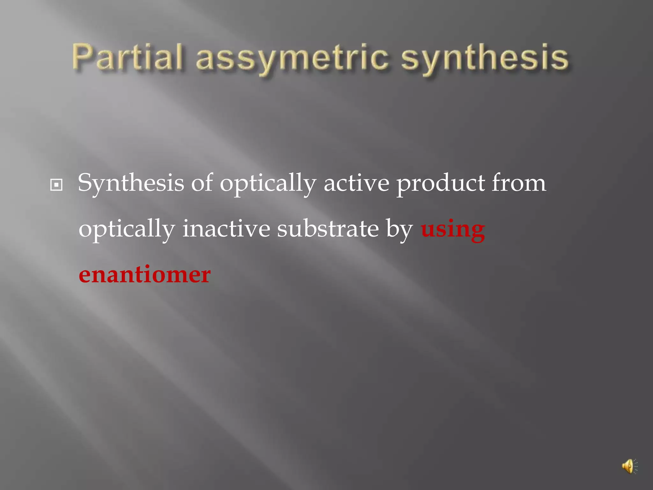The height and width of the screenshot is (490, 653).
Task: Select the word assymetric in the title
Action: pos(292,59)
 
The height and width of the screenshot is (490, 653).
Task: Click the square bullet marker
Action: pos(56,185)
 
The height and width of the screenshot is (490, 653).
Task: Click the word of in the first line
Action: pos(202,183)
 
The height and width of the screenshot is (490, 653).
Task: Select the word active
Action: pos(356,183)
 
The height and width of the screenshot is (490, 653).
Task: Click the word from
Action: pos(519,183)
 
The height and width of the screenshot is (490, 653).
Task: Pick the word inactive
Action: pos(226,229)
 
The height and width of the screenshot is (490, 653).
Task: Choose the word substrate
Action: pos(327,229)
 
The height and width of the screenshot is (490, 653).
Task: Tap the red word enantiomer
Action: pos(144,275)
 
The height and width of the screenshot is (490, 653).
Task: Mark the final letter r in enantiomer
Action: pos(205,276)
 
